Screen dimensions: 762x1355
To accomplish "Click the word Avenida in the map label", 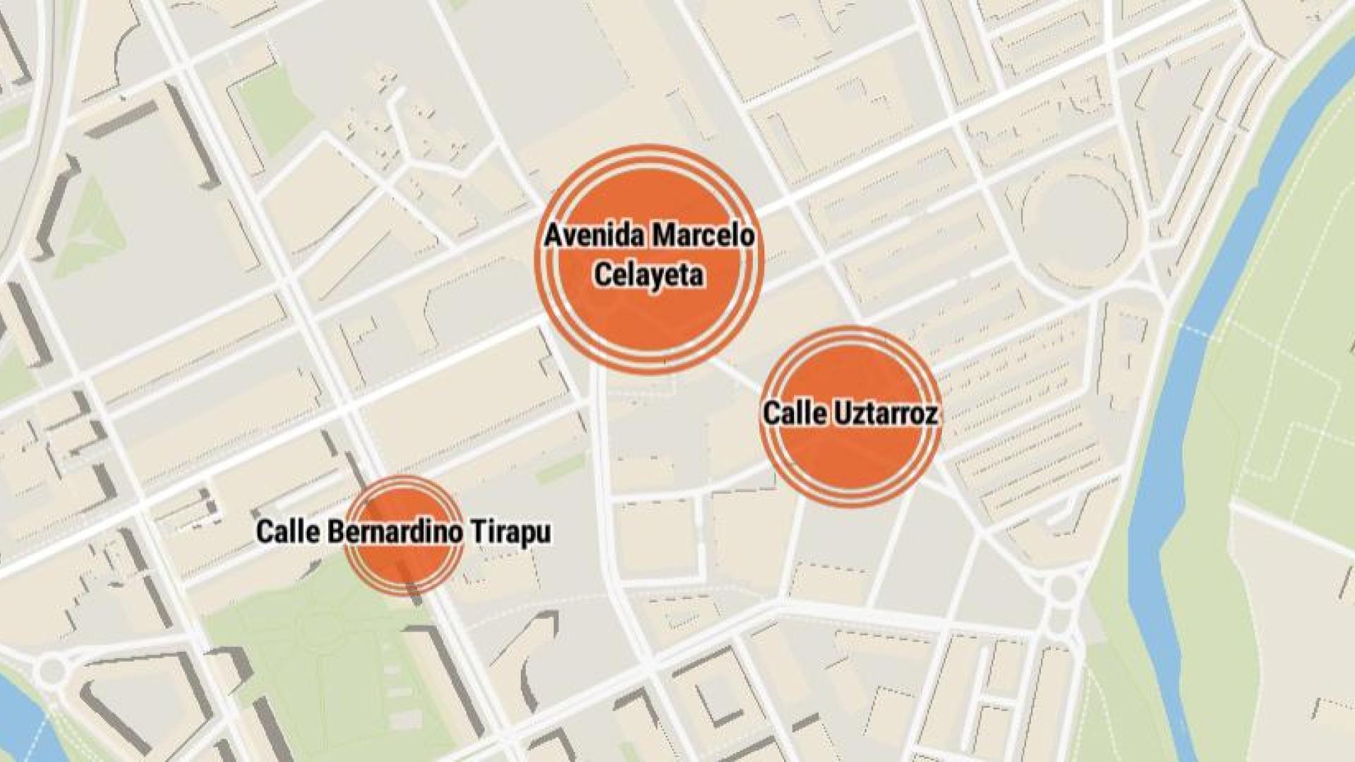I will coord(593,236).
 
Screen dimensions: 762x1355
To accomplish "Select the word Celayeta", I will coord(649,274).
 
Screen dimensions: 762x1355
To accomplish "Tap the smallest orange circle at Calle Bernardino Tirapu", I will coord(404,564).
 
